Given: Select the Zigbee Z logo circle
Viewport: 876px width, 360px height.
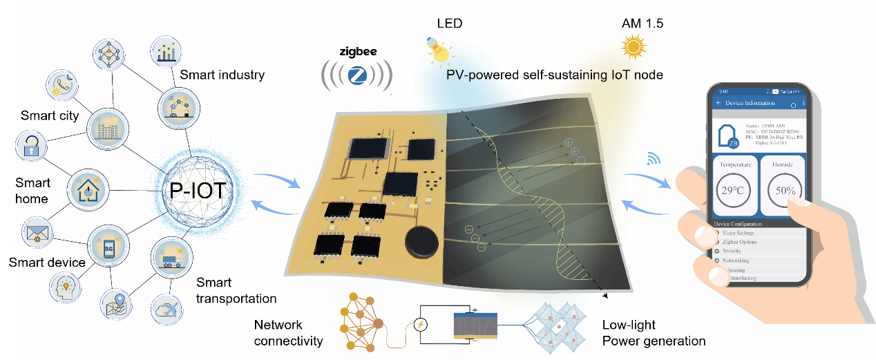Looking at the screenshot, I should [x=358, y=73].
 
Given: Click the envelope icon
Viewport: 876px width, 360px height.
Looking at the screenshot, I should [x=35, y=234].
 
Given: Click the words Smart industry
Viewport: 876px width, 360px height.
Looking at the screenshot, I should [x=222, y=75].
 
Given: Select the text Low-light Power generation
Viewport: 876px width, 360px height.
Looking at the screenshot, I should [x=653, y=332].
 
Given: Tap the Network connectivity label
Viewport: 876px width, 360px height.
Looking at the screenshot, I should [x=288, y=332].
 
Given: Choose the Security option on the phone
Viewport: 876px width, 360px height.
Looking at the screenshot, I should [x=741, y=252].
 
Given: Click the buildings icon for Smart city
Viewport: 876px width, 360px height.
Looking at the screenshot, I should [x=108, y=127].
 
